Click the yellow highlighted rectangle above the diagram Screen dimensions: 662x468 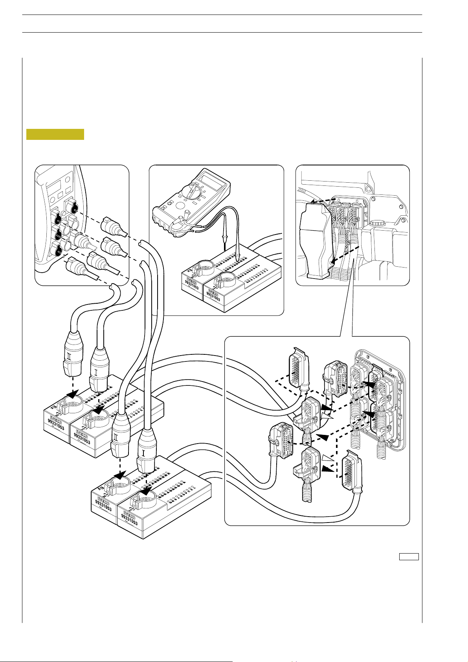click(x=55, y=134)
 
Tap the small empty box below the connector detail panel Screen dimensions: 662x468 click(x=409, y=556)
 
